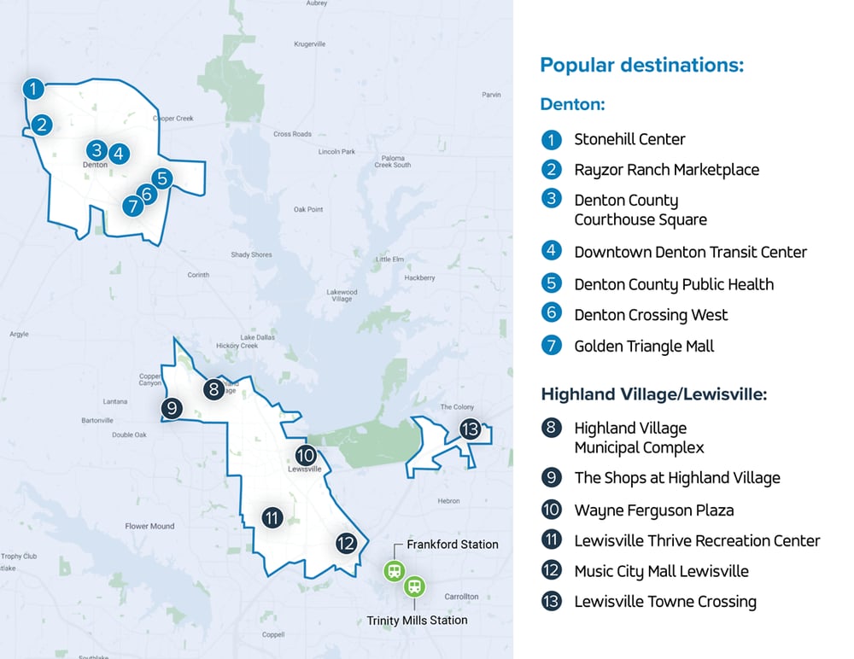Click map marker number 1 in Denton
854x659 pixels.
32,88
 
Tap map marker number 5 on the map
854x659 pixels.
162,178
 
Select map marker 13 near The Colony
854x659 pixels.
470,429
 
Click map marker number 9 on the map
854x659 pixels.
172,409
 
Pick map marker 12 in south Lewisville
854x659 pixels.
346,543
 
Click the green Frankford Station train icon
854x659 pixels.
394,571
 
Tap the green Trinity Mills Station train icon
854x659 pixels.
414,586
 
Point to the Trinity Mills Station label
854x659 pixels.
417,620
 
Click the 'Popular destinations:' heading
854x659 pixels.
641,65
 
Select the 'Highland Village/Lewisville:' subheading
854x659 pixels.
653,394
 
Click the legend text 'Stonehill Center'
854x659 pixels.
629,139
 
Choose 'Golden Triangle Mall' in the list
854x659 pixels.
644,346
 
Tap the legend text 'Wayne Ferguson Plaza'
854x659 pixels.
653,510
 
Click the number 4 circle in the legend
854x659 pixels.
552,251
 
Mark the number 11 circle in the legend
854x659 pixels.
552,540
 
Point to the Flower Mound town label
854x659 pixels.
149,527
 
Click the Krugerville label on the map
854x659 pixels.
309,44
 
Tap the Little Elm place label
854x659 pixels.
390,260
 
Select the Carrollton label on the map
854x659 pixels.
461,597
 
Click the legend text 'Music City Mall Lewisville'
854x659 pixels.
661,571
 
